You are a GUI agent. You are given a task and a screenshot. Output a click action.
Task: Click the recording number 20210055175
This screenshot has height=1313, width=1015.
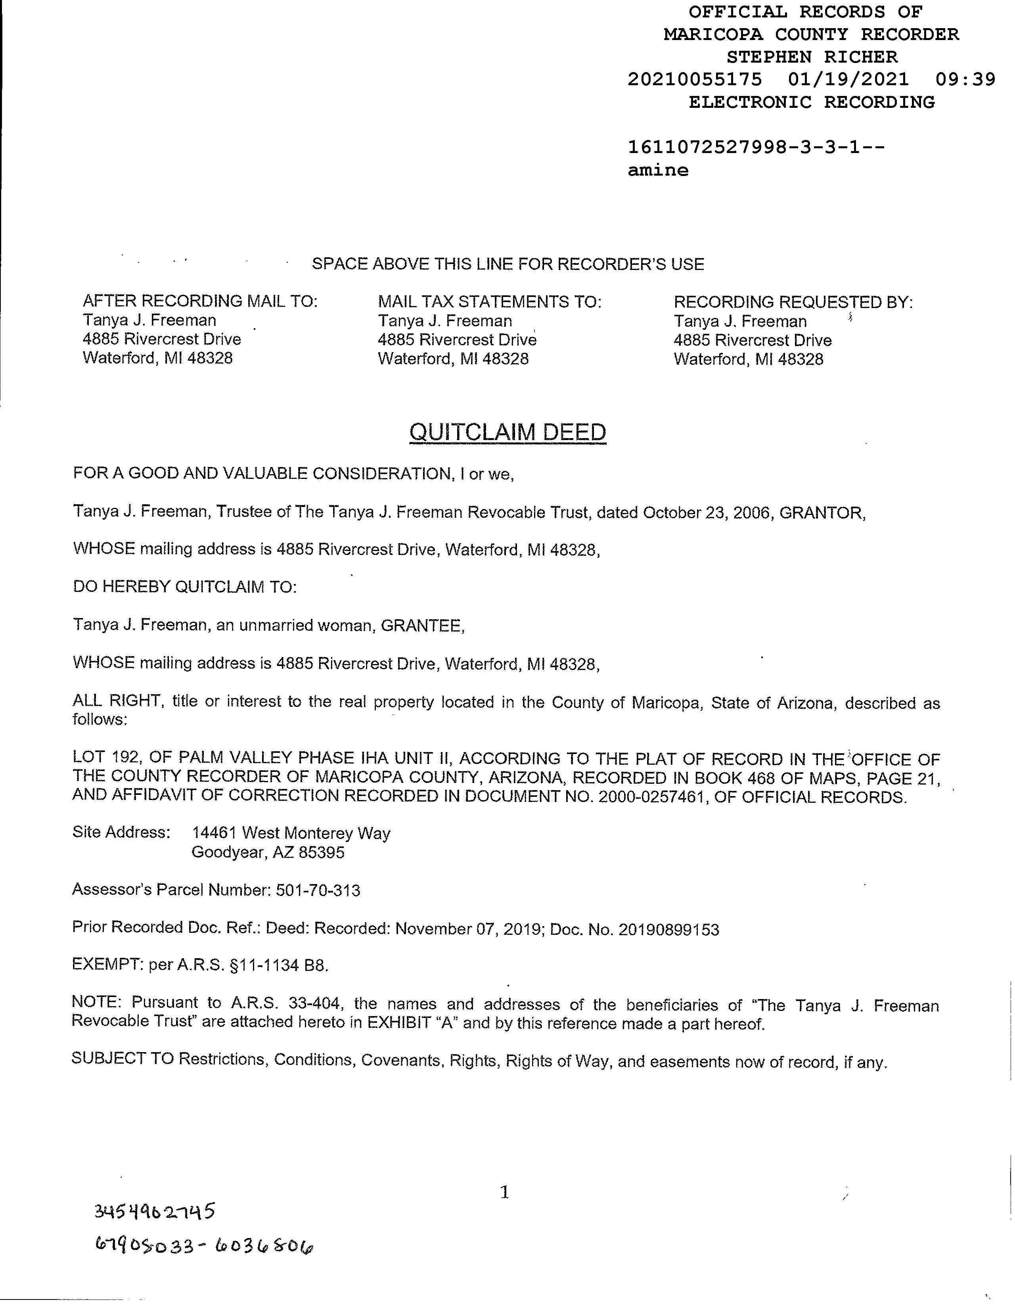[x=695, y=79]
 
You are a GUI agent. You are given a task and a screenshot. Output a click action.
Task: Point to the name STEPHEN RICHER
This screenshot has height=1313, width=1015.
[x=812, y=57]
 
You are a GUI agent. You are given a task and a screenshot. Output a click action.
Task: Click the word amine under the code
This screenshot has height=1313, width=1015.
[x=658, y=170]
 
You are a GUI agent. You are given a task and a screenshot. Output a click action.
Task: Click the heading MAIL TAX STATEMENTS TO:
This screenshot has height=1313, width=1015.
[x=490, y=301]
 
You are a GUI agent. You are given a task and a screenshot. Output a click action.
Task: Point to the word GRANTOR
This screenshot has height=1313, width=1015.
[x=822, y=513]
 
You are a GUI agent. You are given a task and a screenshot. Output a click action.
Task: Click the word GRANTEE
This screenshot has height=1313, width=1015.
[x=422, y=626]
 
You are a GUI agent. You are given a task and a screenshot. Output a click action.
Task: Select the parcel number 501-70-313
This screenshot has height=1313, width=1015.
[x=318, y=890]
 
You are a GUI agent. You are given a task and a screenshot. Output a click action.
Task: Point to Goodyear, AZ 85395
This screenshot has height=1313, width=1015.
[x=268, y=852]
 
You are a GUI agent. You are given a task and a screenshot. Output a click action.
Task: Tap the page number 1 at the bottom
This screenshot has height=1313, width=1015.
[x=505, y=1192]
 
